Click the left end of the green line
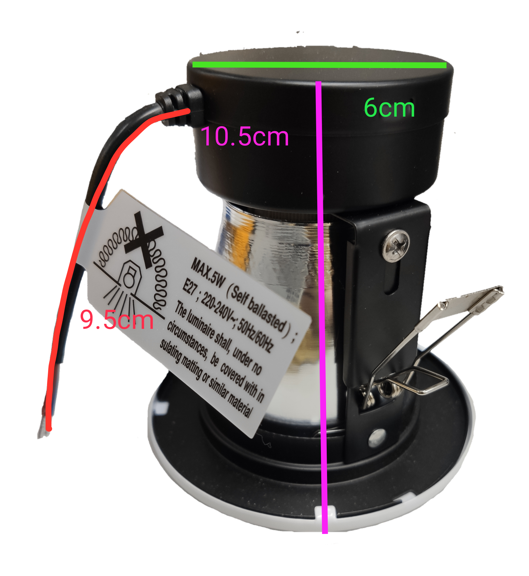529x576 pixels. (x=192, y=64)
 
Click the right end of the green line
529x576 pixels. (x=446, y=65)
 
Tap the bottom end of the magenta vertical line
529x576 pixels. (x=325, y=533)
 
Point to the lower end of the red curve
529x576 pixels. (x=49, y=429)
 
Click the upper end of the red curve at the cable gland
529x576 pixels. (x=188, y=111)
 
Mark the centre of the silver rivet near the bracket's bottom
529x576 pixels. (x=378, y=437)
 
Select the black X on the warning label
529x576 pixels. (x=143, y=239)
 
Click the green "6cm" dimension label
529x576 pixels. (x=389, y=108)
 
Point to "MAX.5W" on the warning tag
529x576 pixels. (x=207, y=273)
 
